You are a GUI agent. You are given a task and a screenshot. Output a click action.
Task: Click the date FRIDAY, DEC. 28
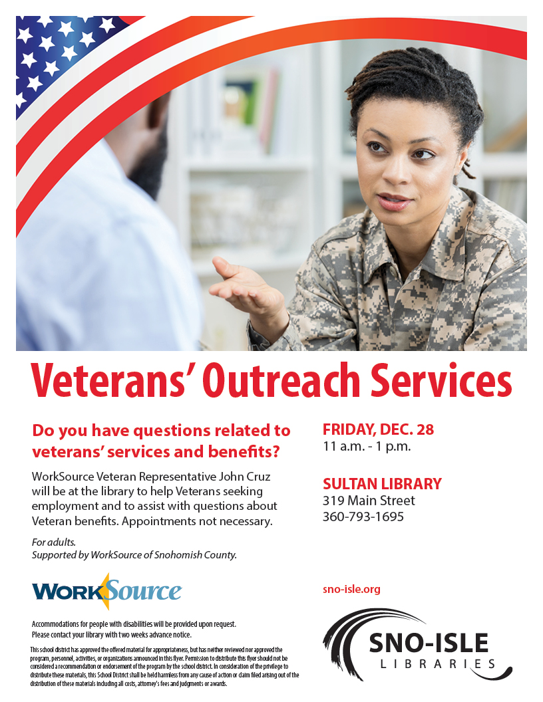coord(378,429)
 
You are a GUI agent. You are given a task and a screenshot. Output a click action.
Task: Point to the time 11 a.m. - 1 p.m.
coord(367,446)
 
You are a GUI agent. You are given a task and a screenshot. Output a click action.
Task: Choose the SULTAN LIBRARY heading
coord(382,483)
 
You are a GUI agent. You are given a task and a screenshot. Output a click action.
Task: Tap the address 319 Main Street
coord(369,501)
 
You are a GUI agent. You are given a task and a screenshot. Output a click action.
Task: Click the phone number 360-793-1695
coord(363,517)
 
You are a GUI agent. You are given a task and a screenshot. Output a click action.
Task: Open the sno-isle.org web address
coord(351,589)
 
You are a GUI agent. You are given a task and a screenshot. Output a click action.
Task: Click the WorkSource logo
coord(106,592)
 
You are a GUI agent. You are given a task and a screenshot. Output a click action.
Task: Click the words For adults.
coord(54,542)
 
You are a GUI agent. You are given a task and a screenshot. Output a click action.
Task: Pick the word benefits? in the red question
coord(244,451)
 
